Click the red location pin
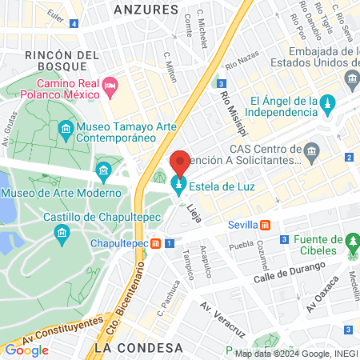(x=180, y=163)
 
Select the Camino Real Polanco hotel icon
(x=110, y=85)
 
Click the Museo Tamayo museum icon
(x=65, y=129)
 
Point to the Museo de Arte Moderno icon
(x=103, y=170)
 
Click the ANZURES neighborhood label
(x=145, y=10)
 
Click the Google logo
(x=26, y=350)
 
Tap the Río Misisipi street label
(x=231, y=111)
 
